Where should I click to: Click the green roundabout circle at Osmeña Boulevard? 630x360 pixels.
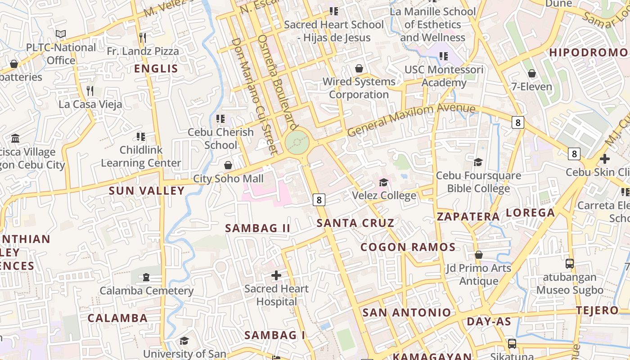tap(297, 143)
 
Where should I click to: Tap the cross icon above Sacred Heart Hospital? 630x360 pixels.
tap(276, 275)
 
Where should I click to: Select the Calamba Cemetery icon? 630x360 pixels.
tap(146, 277)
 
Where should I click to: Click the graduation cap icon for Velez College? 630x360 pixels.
tap(383, 182)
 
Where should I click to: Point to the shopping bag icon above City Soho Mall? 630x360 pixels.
tap(228, 165)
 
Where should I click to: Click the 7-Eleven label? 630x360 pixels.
tap(531, 86)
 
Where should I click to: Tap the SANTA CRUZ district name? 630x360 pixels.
tap(355, 223)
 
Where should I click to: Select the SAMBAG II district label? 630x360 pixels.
tap(257, 228)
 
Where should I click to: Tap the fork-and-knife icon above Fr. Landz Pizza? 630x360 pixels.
tap(143, 37)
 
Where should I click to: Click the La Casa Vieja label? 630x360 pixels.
tap(90, 104)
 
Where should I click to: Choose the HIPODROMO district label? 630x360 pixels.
tap(588, 53)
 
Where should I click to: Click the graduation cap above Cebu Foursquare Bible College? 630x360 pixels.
tap(478, 162)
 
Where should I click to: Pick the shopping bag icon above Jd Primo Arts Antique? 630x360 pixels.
tap(479, 255)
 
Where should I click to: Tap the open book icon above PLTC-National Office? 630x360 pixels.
tap(61, 34)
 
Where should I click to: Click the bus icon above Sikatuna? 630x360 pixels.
tap(512, 344)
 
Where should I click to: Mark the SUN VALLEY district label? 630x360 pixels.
tap(147, 191)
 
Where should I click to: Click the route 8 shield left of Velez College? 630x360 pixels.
tap(319, 199)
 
